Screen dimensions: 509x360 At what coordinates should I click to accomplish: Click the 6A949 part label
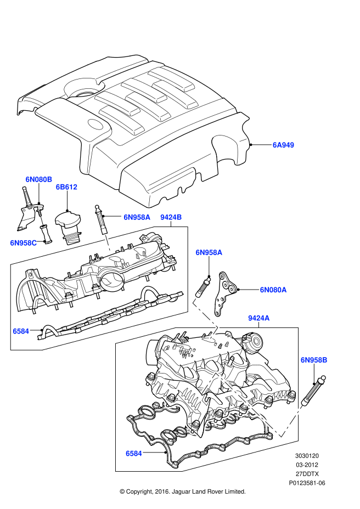[284, 145]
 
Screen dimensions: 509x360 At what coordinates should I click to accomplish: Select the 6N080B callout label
[38, 179]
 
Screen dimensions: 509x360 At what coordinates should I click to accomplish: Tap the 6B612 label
[66, 187]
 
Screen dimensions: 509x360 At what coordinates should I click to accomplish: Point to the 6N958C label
[24, 242]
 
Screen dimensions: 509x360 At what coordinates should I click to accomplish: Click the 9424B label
[171, 217]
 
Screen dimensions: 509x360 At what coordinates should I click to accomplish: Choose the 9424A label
[258, 318]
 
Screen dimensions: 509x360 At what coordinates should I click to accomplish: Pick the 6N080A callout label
[273, 289]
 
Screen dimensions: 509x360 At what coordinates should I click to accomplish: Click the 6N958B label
[314, 360]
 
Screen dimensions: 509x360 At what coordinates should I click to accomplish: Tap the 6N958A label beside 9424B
[137, 217]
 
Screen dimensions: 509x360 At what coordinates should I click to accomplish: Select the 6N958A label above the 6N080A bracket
[209, 252]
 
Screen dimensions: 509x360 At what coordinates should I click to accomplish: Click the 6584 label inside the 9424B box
[21, 331]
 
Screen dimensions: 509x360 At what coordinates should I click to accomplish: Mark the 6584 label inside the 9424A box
[133, 454]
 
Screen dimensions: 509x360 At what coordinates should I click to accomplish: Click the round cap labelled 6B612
[67, 223]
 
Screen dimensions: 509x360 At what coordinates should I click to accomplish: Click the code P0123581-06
[307, 483]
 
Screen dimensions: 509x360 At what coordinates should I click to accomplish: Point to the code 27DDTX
[307, 473]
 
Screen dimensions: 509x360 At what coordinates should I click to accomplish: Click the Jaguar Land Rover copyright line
[182, 491]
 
